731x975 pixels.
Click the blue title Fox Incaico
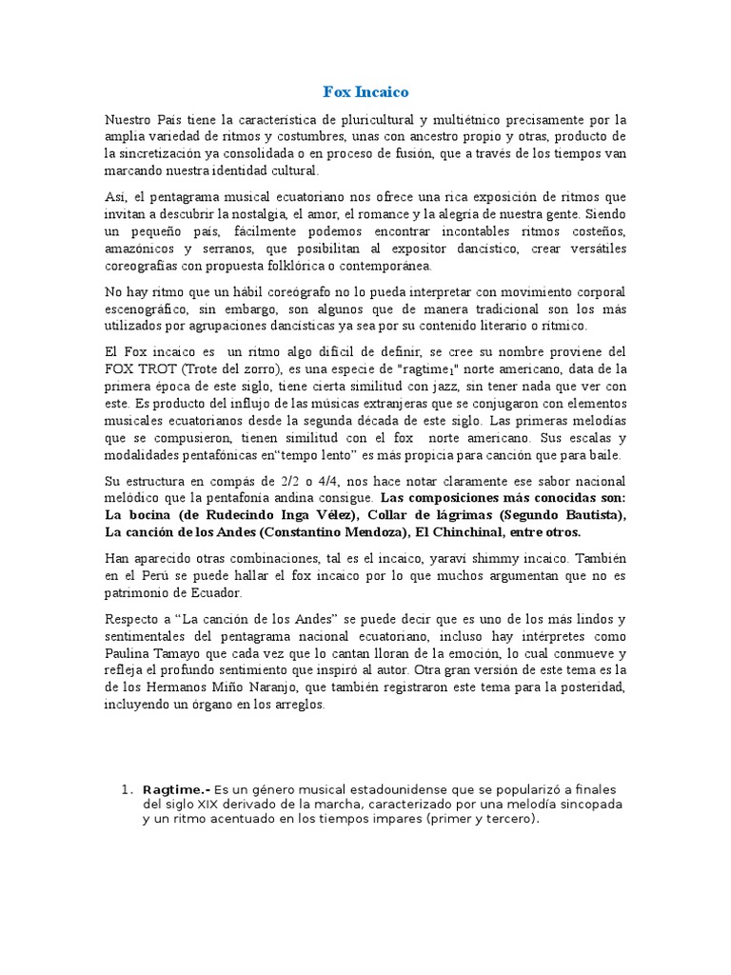(365, 92)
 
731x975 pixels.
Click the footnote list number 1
(125, 790)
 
